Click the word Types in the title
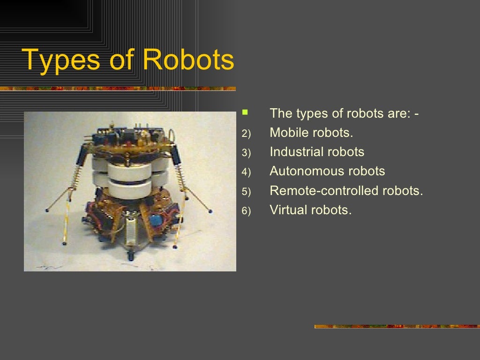point(61,60)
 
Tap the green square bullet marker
point(244,112)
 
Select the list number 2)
point(247,134)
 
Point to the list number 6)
point(247,211)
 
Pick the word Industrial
point(297,152)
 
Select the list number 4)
point(247,172)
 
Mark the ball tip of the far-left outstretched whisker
point(47,210)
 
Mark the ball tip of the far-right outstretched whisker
point(210,211)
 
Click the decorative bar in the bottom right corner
point(397,326)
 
